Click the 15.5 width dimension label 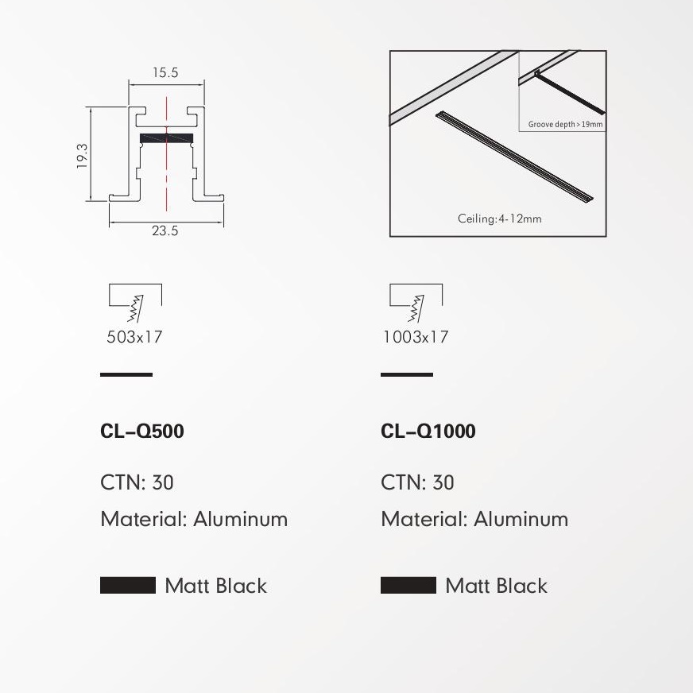tap(165, 72)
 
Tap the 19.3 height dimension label tap(82, 156)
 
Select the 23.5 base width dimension tap(165, 230)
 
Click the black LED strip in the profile tap(167, 138)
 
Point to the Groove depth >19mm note tap(565, 124)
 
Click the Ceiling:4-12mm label tap(499, 219)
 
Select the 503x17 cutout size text tap(134, 337)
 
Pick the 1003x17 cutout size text tap(416, 337)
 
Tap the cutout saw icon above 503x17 tap(135, 303)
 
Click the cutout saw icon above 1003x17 tap(416, 303)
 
